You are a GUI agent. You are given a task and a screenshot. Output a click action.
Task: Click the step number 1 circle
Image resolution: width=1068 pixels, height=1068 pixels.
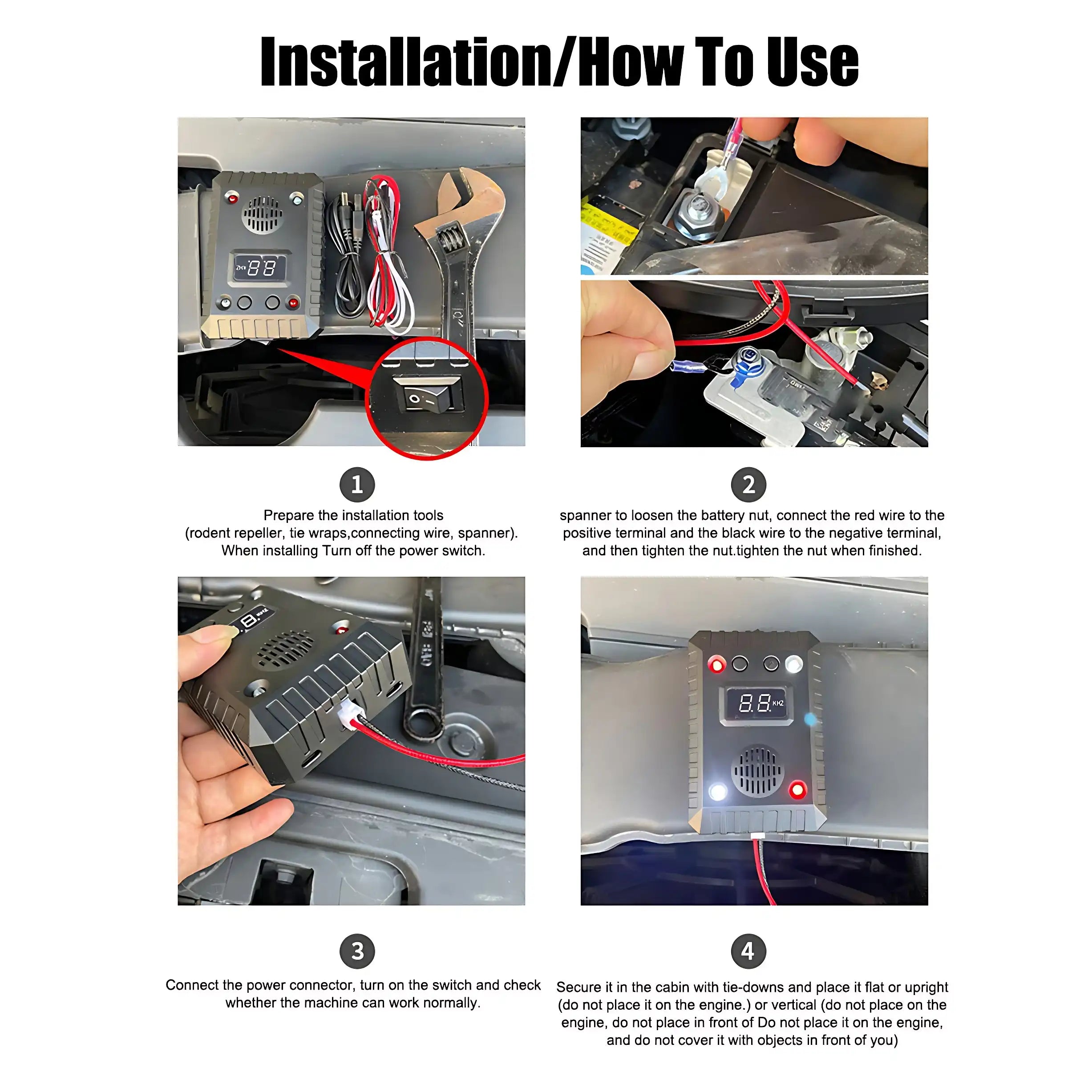tap(356, 485)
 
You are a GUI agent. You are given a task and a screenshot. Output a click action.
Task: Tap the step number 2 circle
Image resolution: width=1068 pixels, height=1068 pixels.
tap(748, 485)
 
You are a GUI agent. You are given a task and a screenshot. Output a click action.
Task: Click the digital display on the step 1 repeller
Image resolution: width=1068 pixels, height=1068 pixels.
tap(260, 267)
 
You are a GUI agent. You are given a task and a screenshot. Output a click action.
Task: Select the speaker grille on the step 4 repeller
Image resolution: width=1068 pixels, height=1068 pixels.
tap(758, 770)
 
